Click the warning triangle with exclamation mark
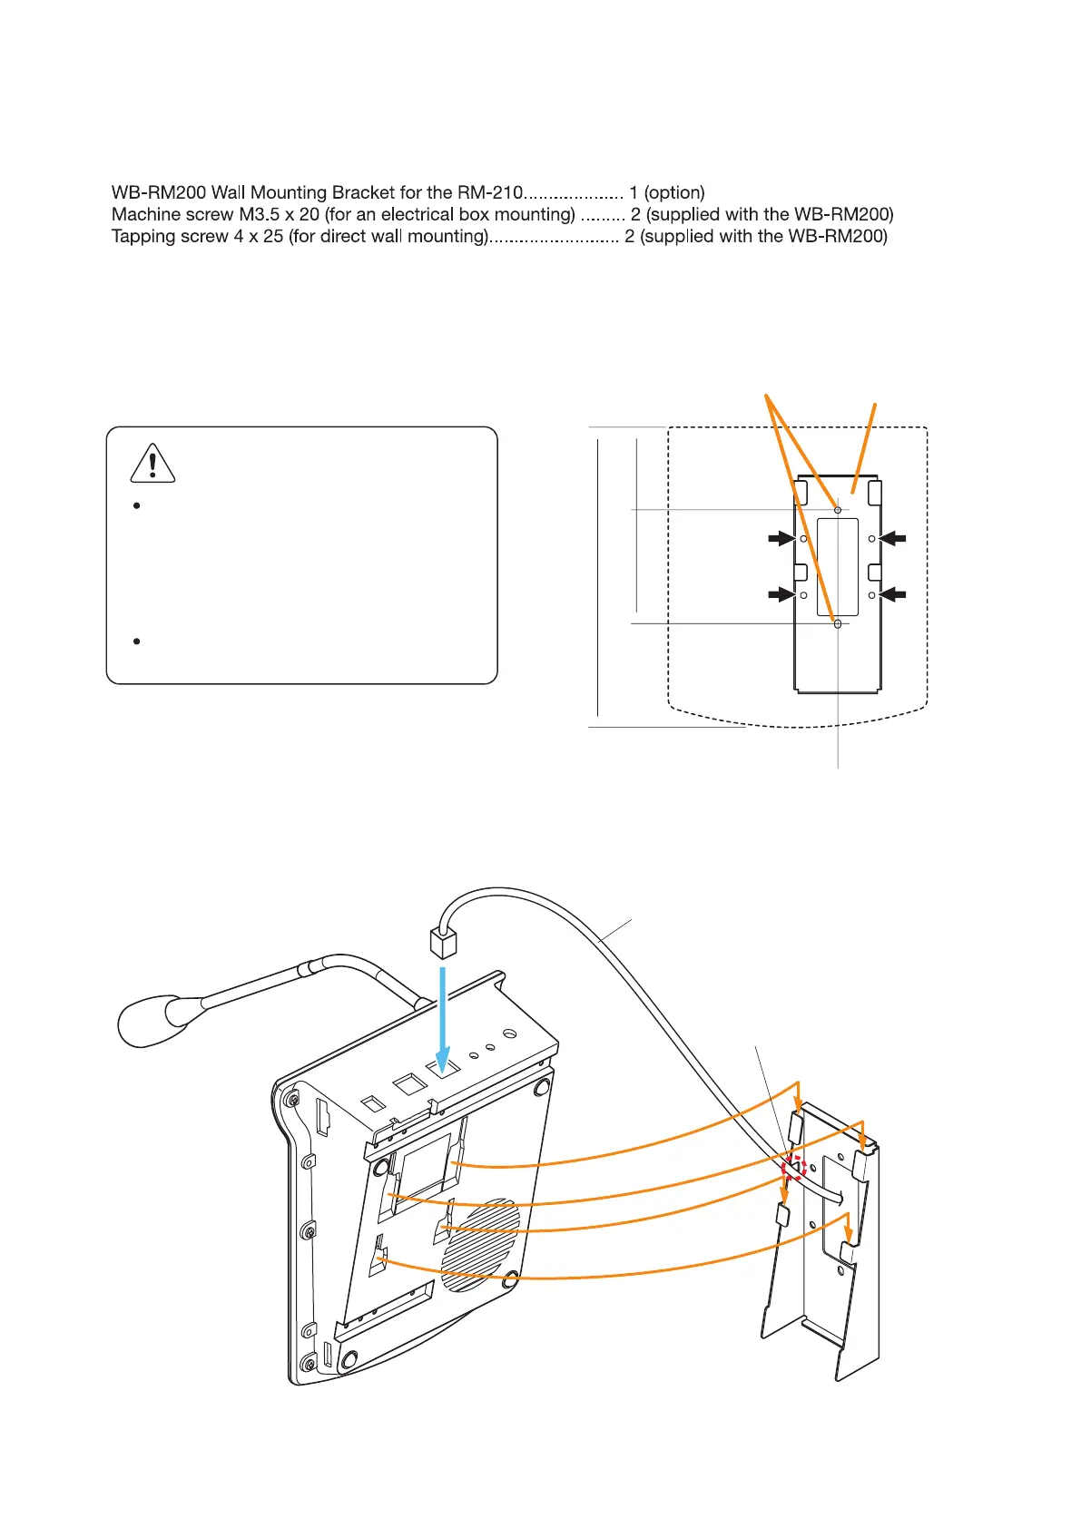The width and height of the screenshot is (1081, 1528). pos(152,463)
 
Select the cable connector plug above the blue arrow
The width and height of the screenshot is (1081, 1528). pos(442,944)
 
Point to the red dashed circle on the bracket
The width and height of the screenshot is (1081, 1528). pos(794,1167)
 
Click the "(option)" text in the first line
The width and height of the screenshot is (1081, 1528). pos(673,192)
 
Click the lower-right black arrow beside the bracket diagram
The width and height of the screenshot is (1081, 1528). pos(893,594)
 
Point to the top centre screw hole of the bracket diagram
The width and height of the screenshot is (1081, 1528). pos(837,511)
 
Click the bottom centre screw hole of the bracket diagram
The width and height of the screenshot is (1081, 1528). pos(837,623)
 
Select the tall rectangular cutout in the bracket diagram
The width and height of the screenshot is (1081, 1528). pos(837,566)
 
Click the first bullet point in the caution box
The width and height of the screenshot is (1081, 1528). pos(136,506)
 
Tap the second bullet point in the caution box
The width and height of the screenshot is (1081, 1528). pos(136,642)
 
